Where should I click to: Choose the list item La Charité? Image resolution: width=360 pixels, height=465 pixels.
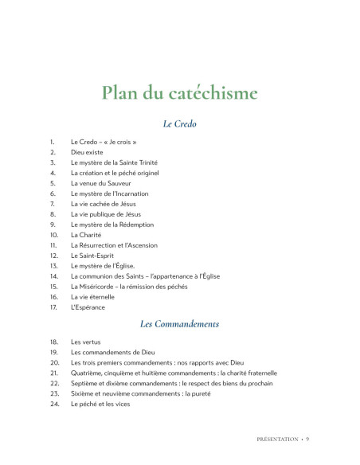tap(86, 235)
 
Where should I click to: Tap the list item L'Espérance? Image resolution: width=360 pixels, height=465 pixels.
tap(88, 307)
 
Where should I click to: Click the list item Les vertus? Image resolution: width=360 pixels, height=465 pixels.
tap(86, 341)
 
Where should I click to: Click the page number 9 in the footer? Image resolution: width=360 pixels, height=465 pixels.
tap(307, 438)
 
